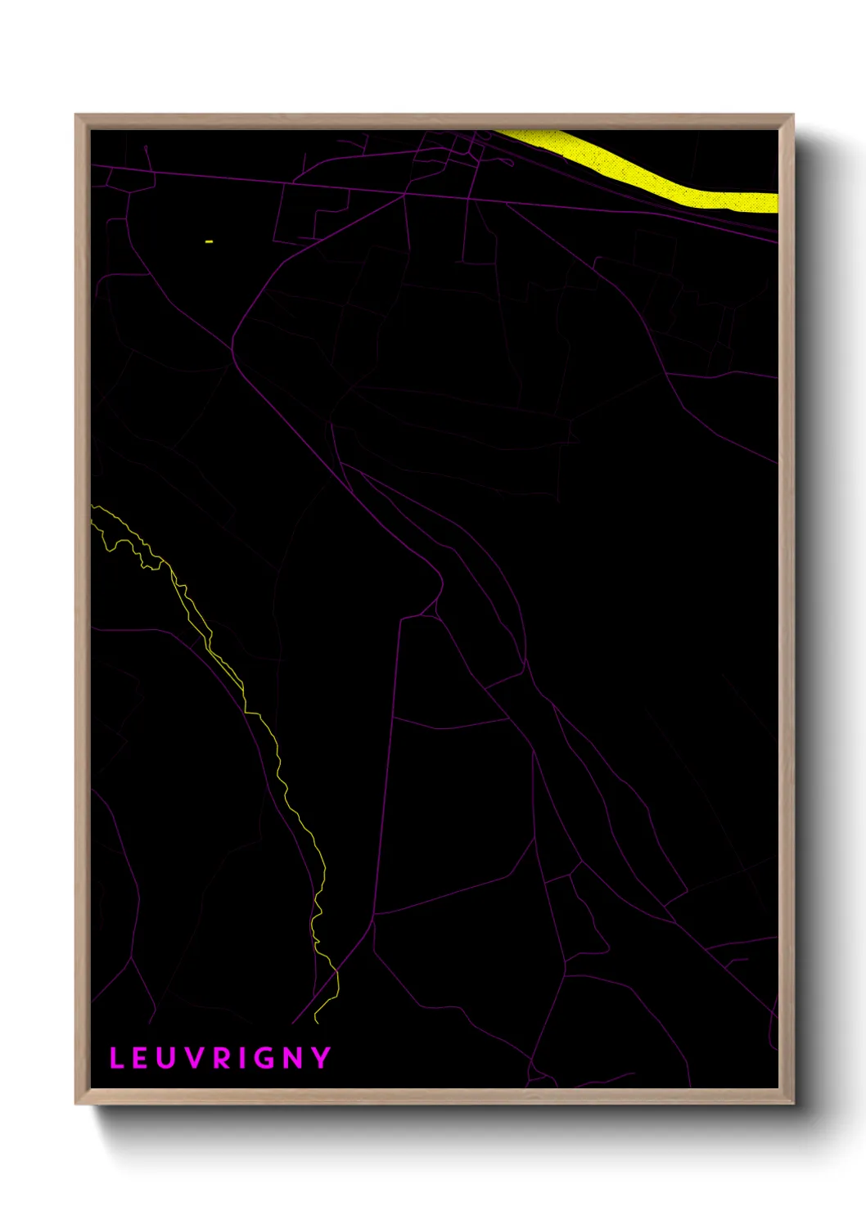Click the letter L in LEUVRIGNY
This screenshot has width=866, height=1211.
(116, 1058)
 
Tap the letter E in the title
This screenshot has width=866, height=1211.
(142, 1058)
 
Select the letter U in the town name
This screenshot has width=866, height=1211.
(168, 1058)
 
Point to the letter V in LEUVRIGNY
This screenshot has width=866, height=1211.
(195, 1058)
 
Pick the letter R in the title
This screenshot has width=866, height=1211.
(222, 1058)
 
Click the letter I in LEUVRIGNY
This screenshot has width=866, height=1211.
(241, 1058)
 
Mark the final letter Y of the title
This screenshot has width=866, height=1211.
(321, 1058)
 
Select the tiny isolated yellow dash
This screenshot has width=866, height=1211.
(209, 241)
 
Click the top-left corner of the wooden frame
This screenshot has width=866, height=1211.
(77, 116)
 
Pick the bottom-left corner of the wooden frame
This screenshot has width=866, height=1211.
(77, 1102)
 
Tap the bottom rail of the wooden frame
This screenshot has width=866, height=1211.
(434, 1096)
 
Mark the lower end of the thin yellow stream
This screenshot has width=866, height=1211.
(316, 1022)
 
